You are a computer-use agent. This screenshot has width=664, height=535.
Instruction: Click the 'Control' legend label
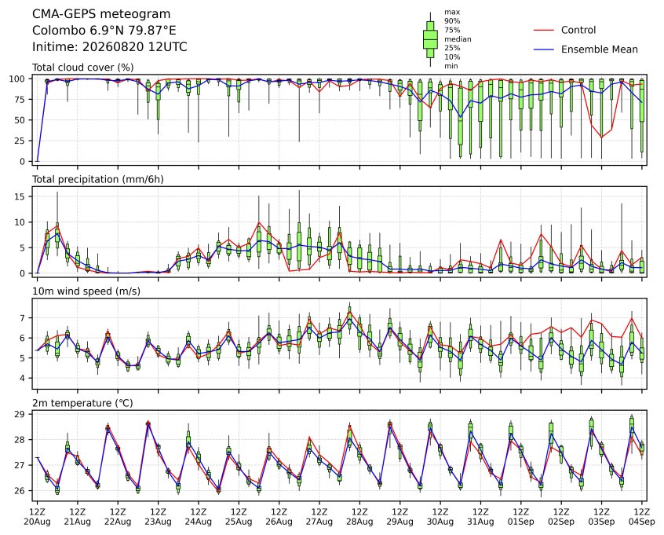point(578,30)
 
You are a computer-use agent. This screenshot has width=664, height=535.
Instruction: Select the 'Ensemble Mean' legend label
point(599,49)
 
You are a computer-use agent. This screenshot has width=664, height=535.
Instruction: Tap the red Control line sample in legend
point(544,30)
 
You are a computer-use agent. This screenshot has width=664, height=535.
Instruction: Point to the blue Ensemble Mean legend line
point(544,49)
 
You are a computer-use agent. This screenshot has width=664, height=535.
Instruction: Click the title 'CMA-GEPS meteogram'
point(101,14)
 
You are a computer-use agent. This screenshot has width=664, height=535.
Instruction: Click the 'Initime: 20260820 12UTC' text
point(110,46)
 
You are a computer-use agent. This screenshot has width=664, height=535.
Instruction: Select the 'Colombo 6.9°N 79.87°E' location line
point(104,31)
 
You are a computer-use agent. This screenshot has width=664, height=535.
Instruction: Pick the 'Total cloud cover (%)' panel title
point(83,68)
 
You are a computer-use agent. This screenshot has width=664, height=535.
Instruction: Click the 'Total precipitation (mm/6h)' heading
point(98,179)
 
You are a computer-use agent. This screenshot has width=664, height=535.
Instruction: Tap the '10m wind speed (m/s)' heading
point(86,291)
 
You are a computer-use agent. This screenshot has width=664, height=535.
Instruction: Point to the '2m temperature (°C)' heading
point(82,403)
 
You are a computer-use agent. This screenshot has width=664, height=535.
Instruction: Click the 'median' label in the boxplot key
point(458,39)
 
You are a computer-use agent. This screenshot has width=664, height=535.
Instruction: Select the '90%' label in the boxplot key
point(452,20)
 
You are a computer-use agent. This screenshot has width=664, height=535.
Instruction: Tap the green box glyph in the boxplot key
point(430,39)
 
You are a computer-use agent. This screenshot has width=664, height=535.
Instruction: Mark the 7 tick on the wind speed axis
point(24,318)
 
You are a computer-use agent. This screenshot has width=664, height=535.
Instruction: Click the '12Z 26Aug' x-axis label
point(279,517)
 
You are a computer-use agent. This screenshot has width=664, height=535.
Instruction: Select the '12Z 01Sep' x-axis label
point(521,517)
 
